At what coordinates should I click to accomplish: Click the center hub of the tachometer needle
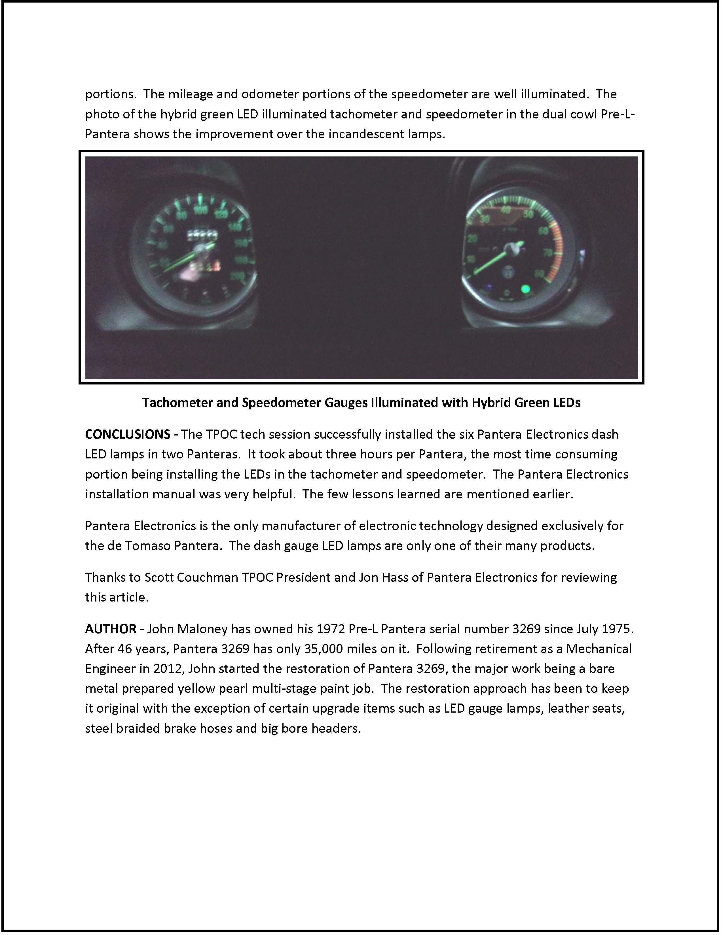(x=512, y=247)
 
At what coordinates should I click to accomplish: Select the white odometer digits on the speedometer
(x=200, y=234)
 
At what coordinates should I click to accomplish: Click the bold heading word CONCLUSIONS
(x=128, y=434)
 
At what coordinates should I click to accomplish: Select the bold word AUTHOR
(x=111, y=629)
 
